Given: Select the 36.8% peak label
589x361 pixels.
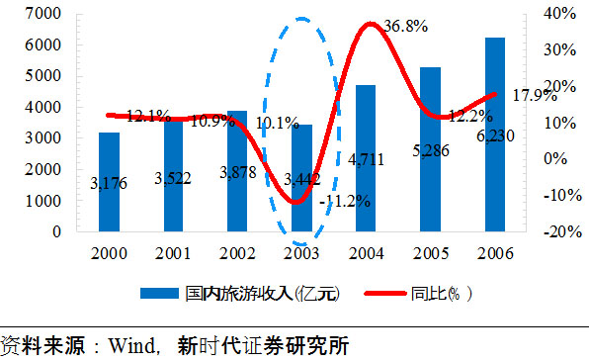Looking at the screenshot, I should [404, 28].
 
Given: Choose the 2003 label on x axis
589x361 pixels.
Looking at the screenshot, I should [301, 253].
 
